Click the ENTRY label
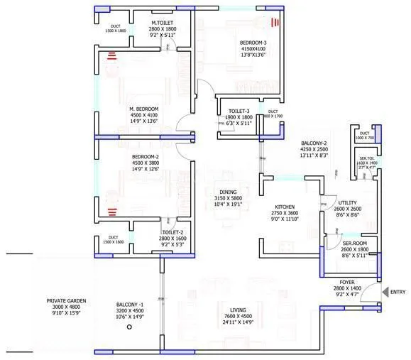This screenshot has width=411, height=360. pos(398,292)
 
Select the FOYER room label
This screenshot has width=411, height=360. pos(347,282)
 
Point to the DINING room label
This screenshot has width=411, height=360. pos(227,192)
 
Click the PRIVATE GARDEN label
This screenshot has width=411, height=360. pos(66,301)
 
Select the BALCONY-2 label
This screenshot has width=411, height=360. pos(313,143)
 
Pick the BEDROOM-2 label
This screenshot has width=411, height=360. pos(145,156)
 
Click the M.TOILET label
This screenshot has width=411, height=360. pos(162,23)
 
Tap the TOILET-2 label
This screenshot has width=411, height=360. pos(172,232)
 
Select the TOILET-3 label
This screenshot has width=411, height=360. pos(238,111)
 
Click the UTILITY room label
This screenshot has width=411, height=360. pos(347,202)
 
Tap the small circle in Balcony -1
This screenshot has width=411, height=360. pos(128,329)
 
